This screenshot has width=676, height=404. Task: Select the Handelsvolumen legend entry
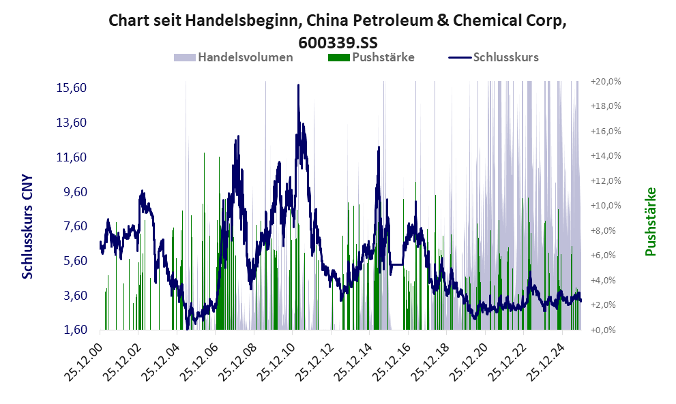245,57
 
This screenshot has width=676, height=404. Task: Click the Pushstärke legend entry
383,57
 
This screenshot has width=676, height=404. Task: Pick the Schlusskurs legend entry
505,57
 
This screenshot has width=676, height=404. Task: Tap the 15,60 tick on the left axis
70,88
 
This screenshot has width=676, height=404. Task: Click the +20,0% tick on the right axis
605,81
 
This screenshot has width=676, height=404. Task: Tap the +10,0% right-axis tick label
605,205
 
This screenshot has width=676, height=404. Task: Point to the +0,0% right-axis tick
606,330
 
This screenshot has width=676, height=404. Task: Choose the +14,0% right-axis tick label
605,155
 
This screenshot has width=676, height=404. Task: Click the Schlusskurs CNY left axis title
28,226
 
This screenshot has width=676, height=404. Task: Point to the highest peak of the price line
298,85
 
